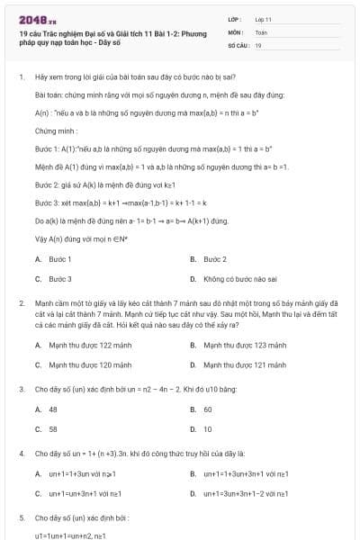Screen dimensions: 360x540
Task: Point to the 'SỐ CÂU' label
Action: coord(238,44)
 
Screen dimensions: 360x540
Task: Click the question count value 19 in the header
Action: coord(258,44)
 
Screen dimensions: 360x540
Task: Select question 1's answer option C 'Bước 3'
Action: coord(60,279)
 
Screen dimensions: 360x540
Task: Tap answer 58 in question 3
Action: coord(54,429)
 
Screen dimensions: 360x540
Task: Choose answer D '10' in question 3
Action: coord(208,429)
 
